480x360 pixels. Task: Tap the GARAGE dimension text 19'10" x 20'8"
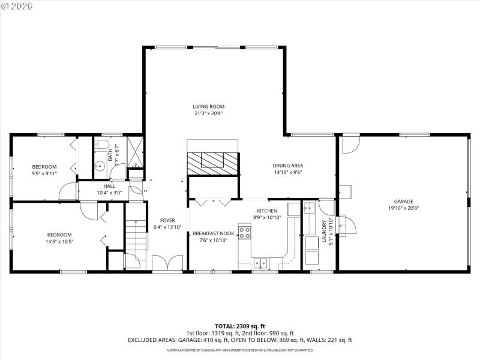(x=403, y=208)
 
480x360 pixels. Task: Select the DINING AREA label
(x=287, y=166)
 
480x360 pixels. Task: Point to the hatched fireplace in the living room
(x=212, y=161)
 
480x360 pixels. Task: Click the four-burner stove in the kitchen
(x=245, y=232)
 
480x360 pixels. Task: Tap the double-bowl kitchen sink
(x=260, y=262)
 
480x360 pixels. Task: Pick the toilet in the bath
(x=100, y=146)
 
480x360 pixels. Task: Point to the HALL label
(x=109, y=186)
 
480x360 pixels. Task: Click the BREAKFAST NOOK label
(x=213, y=233)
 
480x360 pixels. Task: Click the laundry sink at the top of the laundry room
(x=308, y=209)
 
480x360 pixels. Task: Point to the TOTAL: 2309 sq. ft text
(x=239, y=326)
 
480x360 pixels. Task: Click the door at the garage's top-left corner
(x=350, y=145)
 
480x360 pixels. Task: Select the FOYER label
(x=167, y=220)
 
